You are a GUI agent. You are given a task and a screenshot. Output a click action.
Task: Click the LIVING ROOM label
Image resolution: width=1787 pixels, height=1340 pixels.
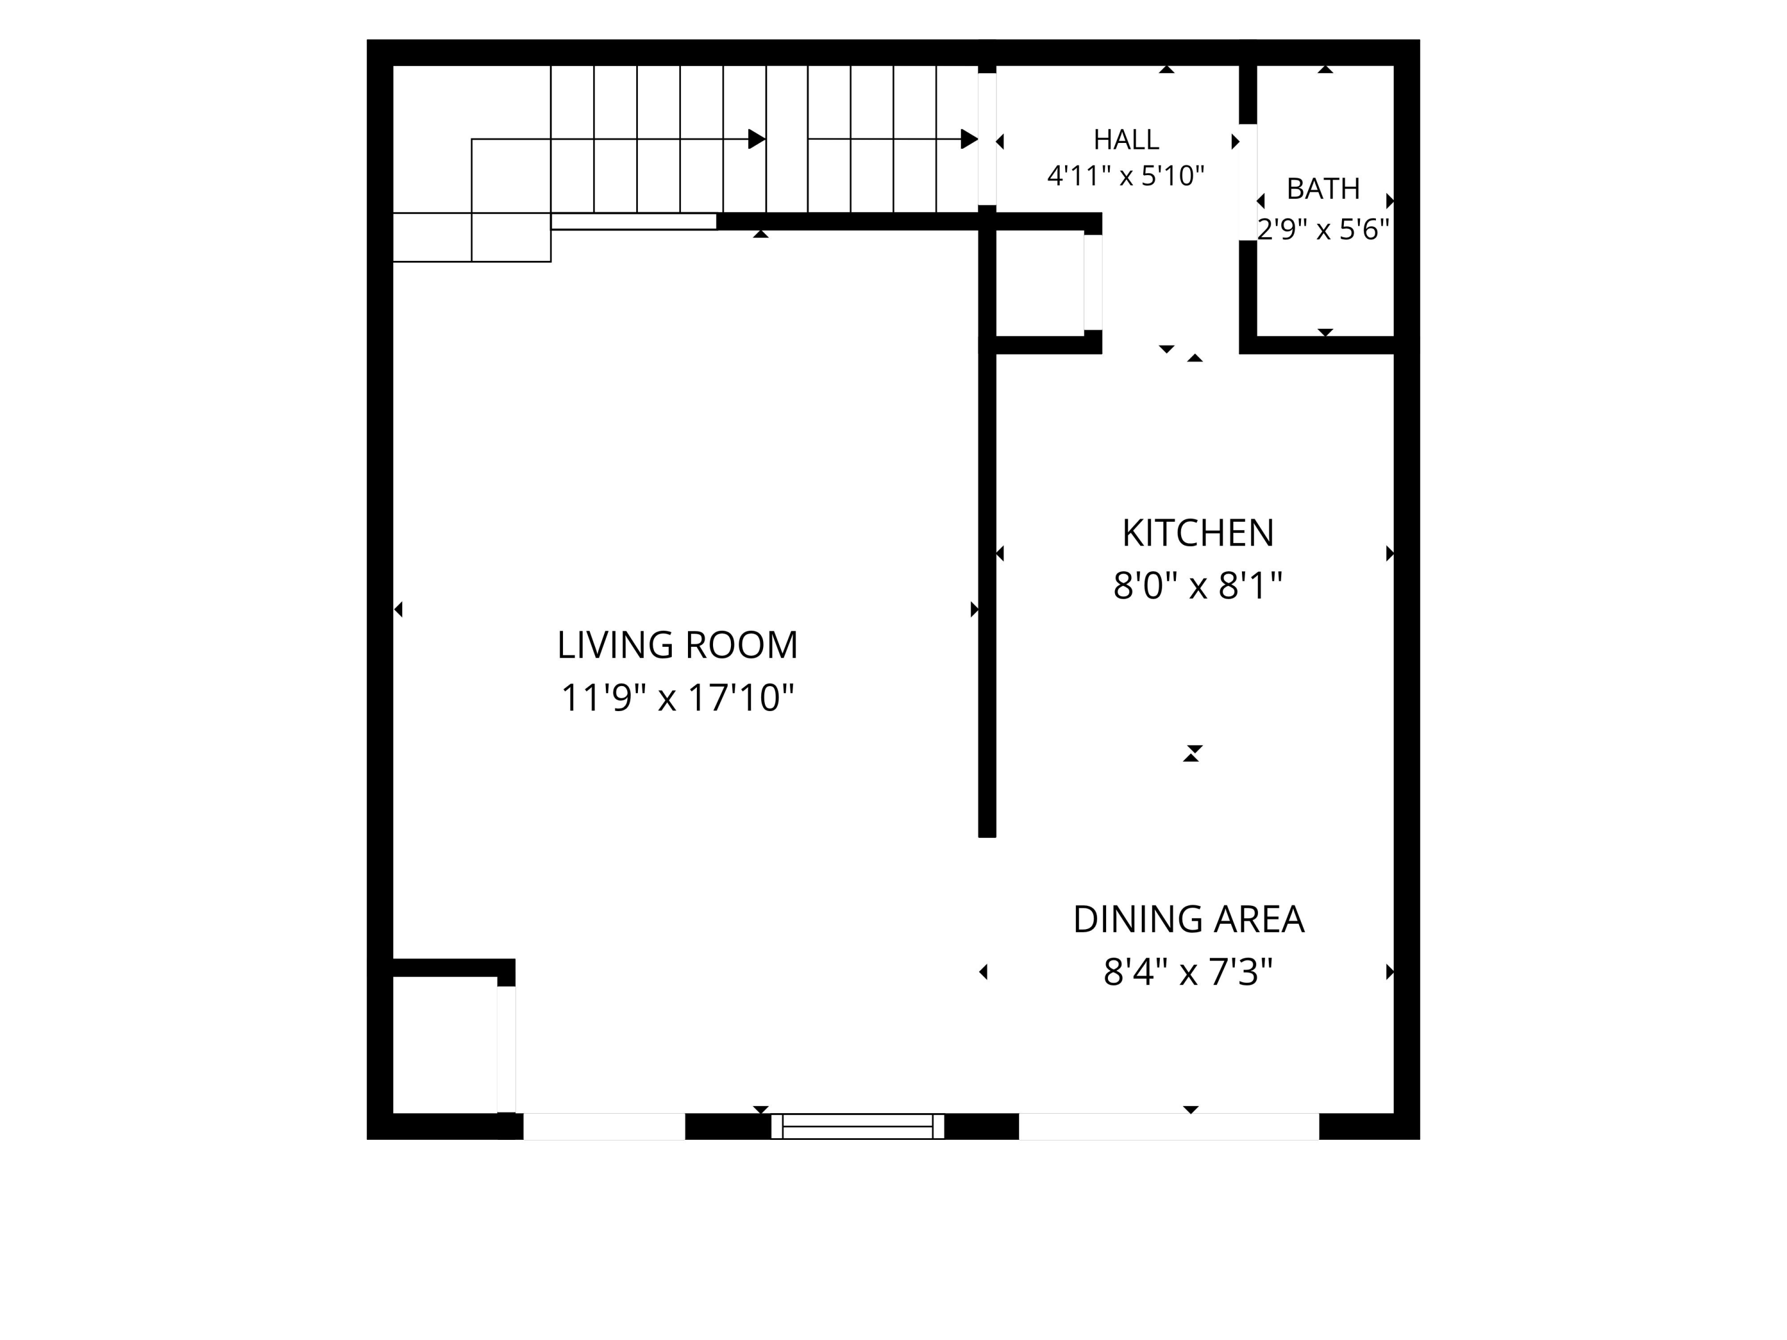coord(677,646)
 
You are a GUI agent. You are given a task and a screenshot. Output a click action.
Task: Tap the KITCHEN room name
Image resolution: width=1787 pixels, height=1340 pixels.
coord(1198,533)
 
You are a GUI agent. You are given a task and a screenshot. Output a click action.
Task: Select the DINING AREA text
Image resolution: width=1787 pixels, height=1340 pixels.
coord(1188,919)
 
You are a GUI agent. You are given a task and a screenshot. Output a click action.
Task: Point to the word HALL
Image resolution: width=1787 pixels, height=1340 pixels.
coord(1126,140)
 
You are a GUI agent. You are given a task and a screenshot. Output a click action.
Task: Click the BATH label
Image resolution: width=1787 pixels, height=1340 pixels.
coord(1324,189)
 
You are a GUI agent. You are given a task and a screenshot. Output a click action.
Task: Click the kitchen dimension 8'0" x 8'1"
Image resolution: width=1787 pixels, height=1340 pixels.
coord(1198,585)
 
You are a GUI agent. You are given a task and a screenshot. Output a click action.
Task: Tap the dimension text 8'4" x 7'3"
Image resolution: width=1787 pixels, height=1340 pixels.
coord(1188,972)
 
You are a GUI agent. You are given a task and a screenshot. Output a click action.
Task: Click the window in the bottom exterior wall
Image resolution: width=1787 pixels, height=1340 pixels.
coord(858,1126)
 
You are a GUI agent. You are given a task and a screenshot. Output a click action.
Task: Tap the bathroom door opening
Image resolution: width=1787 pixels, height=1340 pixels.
coord(1248,183)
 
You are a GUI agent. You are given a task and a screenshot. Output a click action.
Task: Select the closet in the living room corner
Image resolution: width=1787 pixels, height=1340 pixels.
coord(445,1045)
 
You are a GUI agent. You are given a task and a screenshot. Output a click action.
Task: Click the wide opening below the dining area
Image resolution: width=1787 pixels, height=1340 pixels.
coord(1169,1126)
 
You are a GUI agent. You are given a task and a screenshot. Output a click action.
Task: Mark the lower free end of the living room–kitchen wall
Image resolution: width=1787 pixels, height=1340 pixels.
coord(987,837)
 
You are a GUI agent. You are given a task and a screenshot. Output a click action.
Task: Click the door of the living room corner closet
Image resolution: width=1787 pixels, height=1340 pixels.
coord(506,1049)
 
